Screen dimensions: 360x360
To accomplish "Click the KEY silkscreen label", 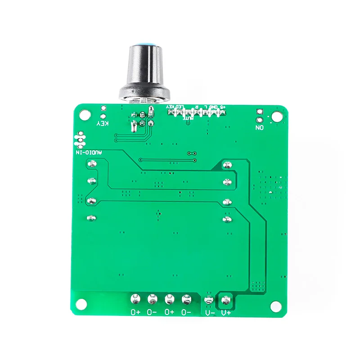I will (103, 122).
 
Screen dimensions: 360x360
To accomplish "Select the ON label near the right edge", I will (259, 128).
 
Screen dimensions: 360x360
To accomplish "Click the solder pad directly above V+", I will (225, 298).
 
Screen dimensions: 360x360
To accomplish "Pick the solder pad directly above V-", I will (208, 299).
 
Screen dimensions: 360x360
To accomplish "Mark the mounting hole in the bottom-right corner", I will (275, 305).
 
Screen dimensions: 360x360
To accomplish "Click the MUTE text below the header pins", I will (189, 117).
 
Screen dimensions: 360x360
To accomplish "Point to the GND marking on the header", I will (214, 107).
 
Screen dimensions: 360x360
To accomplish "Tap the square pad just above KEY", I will (103, 108).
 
